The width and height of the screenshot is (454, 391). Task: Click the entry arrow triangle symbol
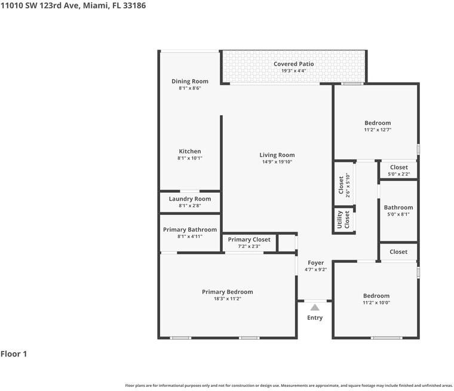coord(315,307)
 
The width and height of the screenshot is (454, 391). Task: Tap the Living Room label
coord(277,155)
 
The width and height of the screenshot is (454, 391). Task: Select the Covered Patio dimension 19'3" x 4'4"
coord(294,71)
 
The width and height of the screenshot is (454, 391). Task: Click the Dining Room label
coord(190,81)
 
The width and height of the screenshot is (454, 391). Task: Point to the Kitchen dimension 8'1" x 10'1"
coord(190,158)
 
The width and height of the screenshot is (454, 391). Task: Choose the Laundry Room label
coord(190,199)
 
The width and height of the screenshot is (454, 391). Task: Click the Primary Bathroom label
coord(190,229)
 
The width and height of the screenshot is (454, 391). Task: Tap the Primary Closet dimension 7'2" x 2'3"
coord(249,246)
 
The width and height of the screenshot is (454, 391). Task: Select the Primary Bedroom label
coord(227,292)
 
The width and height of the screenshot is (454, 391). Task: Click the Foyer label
coord(315,263)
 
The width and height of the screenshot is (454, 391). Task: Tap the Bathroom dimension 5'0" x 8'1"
coord(398,214)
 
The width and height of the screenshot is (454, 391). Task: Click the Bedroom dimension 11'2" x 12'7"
coord(378,130)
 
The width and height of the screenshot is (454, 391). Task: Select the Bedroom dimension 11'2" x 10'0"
coord(376,303)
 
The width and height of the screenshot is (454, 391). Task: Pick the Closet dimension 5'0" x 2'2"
coord(398,174)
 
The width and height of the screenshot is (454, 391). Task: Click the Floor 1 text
coord(14,354)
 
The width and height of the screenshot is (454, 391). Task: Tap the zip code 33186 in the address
coord(135,5)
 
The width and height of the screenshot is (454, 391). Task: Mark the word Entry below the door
coord(315,318)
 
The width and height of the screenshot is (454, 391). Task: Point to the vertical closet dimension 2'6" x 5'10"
coord(348,184)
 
